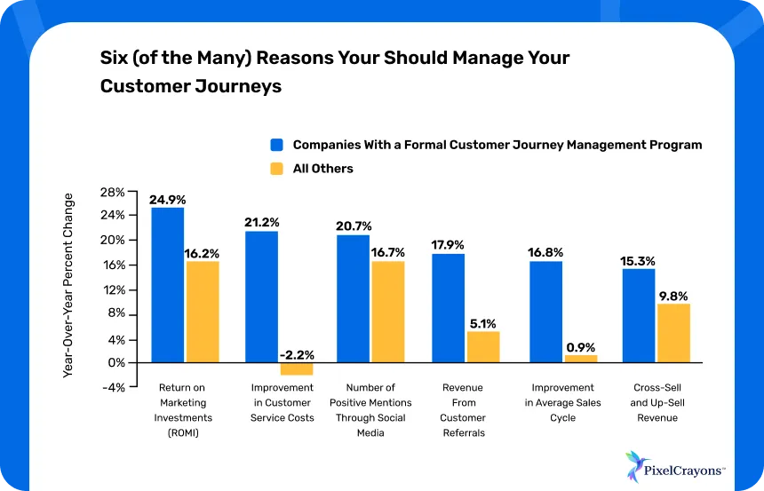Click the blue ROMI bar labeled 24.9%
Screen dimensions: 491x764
(167, 284)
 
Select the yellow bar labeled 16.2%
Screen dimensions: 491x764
(203, 311)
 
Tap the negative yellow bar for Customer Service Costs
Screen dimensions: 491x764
(297, 368)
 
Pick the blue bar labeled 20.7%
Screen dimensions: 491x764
(353, 298)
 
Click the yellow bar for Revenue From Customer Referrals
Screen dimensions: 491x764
(483, 346)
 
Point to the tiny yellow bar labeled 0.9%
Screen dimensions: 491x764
(581, 359)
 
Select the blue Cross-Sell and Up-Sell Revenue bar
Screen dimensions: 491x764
(638, 314)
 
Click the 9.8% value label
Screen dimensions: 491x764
(673, 297)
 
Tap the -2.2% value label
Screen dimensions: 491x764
(297, 355)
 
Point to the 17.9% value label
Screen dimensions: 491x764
(448, 246)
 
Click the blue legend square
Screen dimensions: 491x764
(276, 145)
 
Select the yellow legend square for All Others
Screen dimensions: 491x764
(276, 169)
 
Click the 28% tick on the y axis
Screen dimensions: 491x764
(113, 191)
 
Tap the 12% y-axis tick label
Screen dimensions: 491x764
(113, 289)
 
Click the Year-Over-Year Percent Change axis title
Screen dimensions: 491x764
(68, 286)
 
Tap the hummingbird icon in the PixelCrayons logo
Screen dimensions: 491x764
(635, 464)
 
